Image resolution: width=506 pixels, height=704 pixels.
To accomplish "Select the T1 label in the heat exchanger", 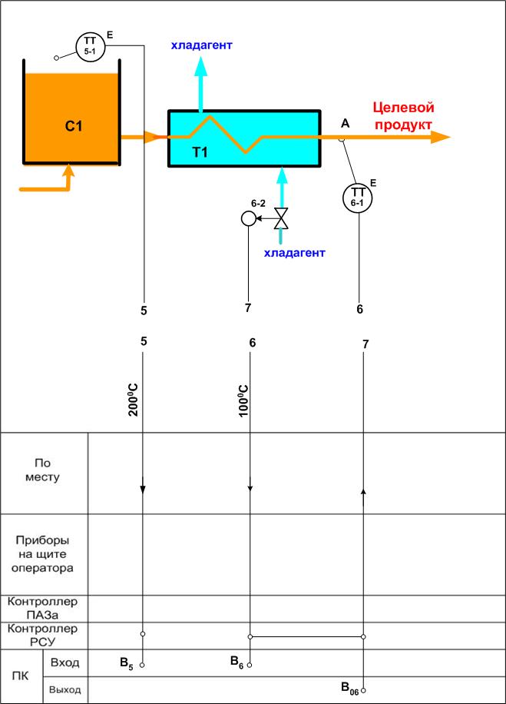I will click(200, 152).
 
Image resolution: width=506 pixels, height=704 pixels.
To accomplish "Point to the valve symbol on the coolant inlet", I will click(282, 219).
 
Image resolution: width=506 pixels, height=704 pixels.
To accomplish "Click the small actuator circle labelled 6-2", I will click(248, 219).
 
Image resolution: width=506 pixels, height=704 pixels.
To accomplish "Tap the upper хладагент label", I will click(201, 45).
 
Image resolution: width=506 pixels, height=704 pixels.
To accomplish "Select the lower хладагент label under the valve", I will click(294, 252).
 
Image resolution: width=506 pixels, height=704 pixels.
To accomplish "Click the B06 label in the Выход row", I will click(349, 689).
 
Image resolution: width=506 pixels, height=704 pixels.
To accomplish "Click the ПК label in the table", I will click(21, 676).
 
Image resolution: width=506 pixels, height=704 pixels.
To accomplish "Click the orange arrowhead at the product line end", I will click(441, 137).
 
